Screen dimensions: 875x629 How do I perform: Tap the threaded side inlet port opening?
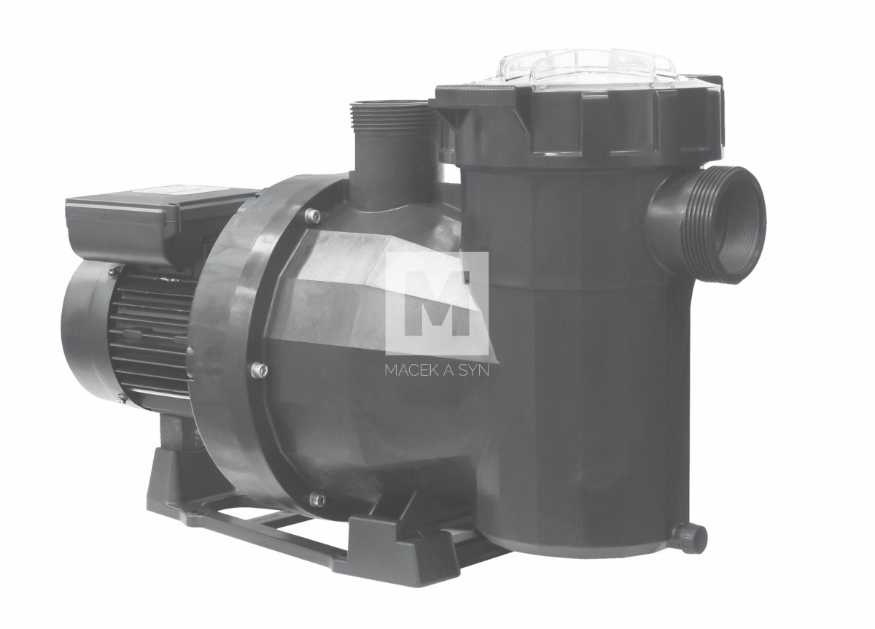[x=735, y=225]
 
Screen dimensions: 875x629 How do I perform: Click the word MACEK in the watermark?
[x=410, y=371]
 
